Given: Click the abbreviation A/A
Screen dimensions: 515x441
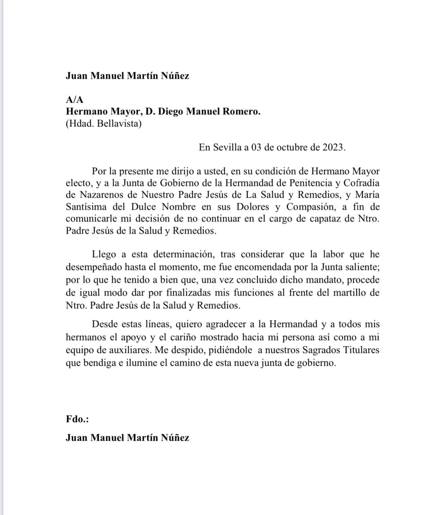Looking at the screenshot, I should click(74, 100).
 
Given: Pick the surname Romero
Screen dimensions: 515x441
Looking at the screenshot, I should click(240, 112).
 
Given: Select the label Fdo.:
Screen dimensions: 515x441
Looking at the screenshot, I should click(77, 419).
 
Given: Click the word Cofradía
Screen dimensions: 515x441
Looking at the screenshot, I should click(362, 183).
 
